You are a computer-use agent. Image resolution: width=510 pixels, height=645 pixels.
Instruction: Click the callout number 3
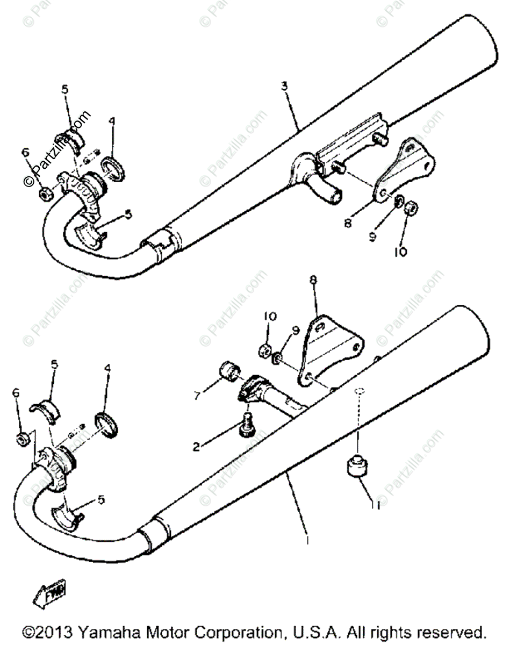[x=284, y=86]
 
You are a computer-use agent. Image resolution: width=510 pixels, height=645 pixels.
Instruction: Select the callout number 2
[x=196, y=446]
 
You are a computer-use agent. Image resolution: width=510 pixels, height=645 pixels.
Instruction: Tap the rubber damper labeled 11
[x=355, y=465]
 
